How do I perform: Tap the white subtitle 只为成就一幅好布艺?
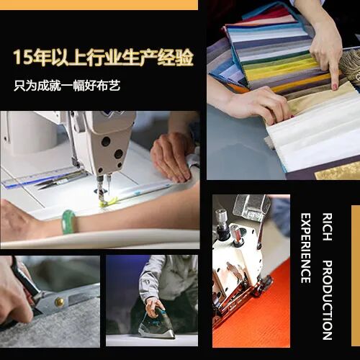click(x=67, y=85)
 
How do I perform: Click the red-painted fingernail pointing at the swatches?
click(x=335, y=86)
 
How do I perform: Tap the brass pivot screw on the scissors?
click(x=59, y=302)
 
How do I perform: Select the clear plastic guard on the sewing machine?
click(x=252, y=208)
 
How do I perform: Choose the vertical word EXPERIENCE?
click(x=305, y=248)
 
